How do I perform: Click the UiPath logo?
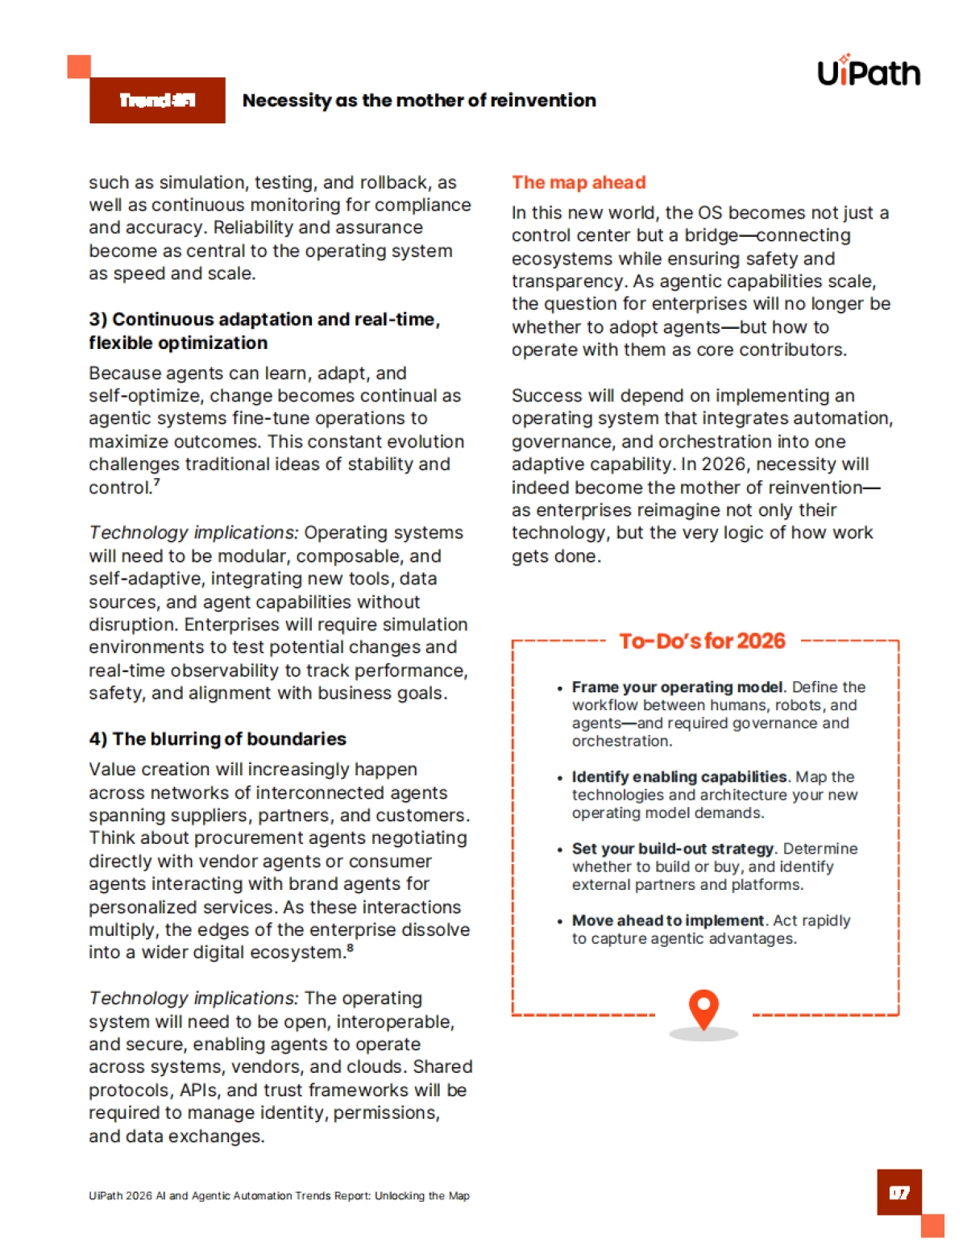pyautogui.click(x=868, y=72)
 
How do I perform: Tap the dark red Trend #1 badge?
pyautogui.click(x=157, y=100)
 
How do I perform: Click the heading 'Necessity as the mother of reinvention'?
pyautogui.click(x=419, y=100)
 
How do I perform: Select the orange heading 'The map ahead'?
pyautogui.click(x=579, y=182)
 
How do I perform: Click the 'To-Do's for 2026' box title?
pyautogui.click(x=702, y=641)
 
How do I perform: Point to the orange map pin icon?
pyautogui.click(x=703, y=1008)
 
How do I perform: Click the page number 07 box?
pyautogui.click(x=899, y=1192)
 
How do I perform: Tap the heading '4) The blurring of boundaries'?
pyautogui.click(x=218, y=738)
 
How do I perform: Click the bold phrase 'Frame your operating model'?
pyautogui.click(x=677, y=687)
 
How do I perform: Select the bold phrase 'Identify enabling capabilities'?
pyautogui.click(x=679, y=776)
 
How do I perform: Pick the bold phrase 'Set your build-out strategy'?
pyautogui.click(x=673, y=848)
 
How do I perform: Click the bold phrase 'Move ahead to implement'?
pyautogui.click(x=667, y=920)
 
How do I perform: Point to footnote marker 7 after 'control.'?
pyautogui.click(x=157, y=483)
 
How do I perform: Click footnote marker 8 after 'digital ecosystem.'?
pyautogui.click(x=351, y=948)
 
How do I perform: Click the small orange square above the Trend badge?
pyautogui.click(x=78, y=66)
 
